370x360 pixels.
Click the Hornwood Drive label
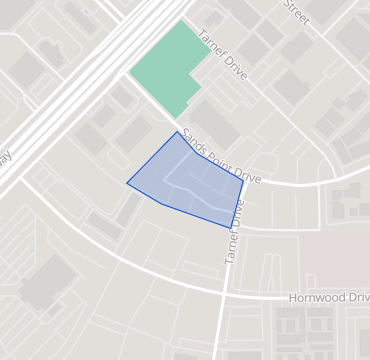tap(328, 298)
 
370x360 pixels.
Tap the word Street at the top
tap(295, 9)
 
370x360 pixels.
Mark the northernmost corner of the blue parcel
tap(178, 131)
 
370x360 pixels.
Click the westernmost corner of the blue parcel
tap(127, 183)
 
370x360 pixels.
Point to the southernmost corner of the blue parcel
tap(229, 228)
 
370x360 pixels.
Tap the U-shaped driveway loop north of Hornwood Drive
tap(270, 265)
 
